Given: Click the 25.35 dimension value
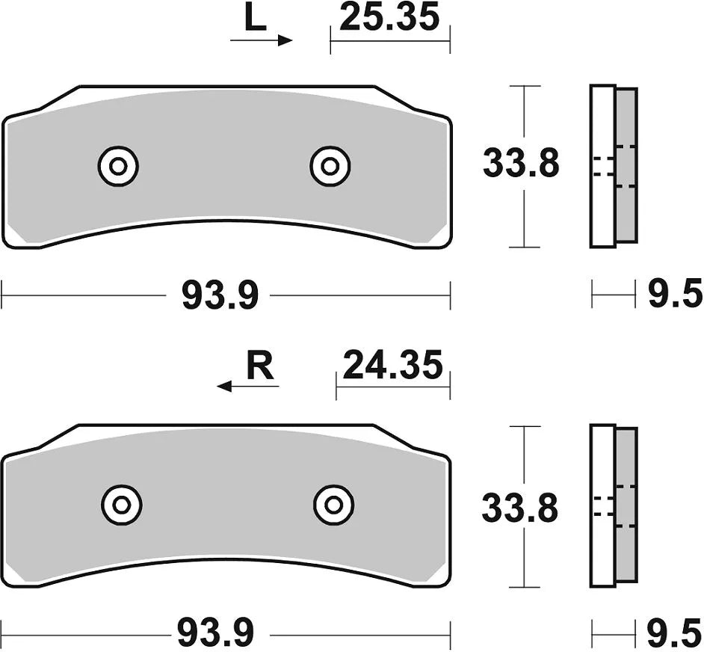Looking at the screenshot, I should (389, 18).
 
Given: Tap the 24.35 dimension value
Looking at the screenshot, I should (392, 366).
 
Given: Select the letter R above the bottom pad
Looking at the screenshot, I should (259, 367).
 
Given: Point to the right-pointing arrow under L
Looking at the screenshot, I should (262, 40).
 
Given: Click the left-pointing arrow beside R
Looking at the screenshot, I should (247, 387).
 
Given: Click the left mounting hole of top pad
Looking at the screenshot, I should (118, 166).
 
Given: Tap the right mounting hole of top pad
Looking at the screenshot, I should (330, 166).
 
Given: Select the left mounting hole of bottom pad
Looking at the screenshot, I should (122, 506).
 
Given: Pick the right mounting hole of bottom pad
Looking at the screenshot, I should (334, 506).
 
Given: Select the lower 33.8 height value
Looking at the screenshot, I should (519, 510).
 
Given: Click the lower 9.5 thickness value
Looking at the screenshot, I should (675, 635).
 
